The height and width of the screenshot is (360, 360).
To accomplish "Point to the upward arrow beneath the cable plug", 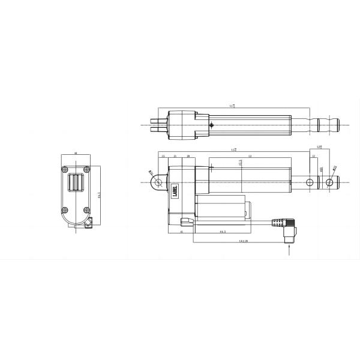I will pyautogui.click(x=290, y=251).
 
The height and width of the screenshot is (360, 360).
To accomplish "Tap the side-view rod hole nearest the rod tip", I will pyautogui.click(x=329, y=181).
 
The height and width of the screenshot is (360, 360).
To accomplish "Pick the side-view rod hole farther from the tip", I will pyautogui.click(x=309, y=181).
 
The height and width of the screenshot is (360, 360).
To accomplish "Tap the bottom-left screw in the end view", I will pyautogui.click(x=66, y=209).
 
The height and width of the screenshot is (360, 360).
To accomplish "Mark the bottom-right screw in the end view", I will pyautogui.click(x=88, y=209).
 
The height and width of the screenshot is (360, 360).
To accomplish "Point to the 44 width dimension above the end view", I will pyautogui.click(x=76, y=154).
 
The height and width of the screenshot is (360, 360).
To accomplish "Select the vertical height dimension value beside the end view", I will pyautogui.click(x=98, y=195).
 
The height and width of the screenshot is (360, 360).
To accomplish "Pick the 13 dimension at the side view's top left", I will pyautogui.click(x=163, y=156).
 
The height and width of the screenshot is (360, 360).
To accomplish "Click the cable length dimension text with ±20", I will pyautogui.click(x=243, y=241).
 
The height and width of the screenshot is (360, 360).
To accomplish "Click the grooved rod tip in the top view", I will pyautogui.click(x=329, y=125).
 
